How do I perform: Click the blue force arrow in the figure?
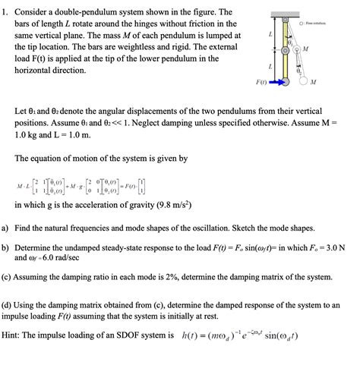[276, 80]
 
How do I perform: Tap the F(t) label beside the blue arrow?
[260, 80]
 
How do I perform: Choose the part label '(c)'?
[8, 277]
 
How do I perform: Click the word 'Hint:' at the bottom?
[16, 335]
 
